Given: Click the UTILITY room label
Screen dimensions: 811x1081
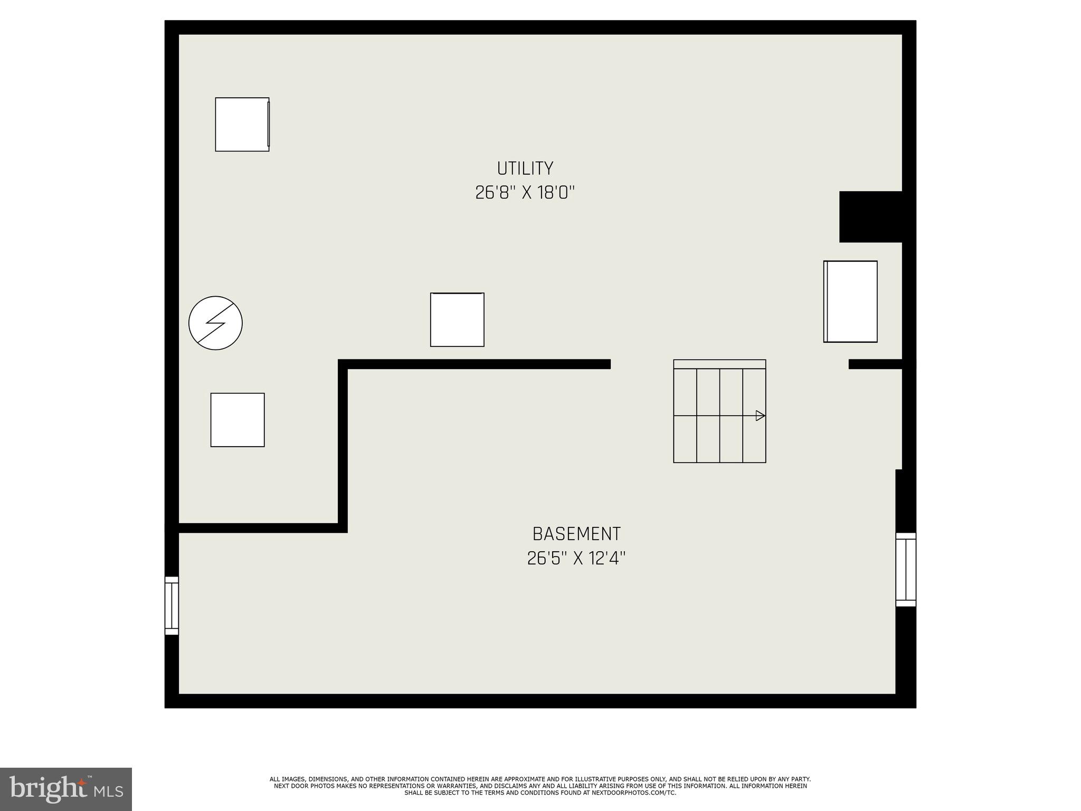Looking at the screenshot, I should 525,168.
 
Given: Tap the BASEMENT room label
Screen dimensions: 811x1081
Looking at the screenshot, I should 576,534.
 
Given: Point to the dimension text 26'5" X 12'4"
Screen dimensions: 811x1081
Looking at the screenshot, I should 576,559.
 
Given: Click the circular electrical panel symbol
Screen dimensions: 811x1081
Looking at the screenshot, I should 215,323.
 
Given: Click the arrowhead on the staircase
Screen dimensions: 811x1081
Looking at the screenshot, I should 760,416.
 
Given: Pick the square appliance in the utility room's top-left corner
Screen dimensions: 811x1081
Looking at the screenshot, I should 242,124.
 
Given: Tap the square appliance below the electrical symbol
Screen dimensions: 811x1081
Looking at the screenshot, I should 238,420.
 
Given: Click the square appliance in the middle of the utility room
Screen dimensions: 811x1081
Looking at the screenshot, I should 457,319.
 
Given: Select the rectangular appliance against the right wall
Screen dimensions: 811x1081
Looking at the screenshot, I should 850,301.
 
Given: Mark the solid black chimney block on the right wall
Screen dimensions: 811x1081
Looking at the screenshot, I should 870,217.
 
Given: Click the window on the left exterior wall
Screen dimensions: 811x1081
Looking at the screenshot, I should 172,605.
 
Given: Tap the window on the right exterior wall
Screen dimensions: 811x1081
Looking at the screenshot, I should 906,569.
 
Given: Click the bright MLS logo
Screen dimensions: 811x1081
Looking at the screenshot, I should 65,789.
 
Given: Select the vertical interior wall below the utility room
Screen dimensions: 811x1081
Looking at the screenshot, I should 343,446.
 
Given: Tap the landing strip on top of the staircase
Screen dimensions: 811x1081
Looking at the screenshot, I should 719,364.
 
